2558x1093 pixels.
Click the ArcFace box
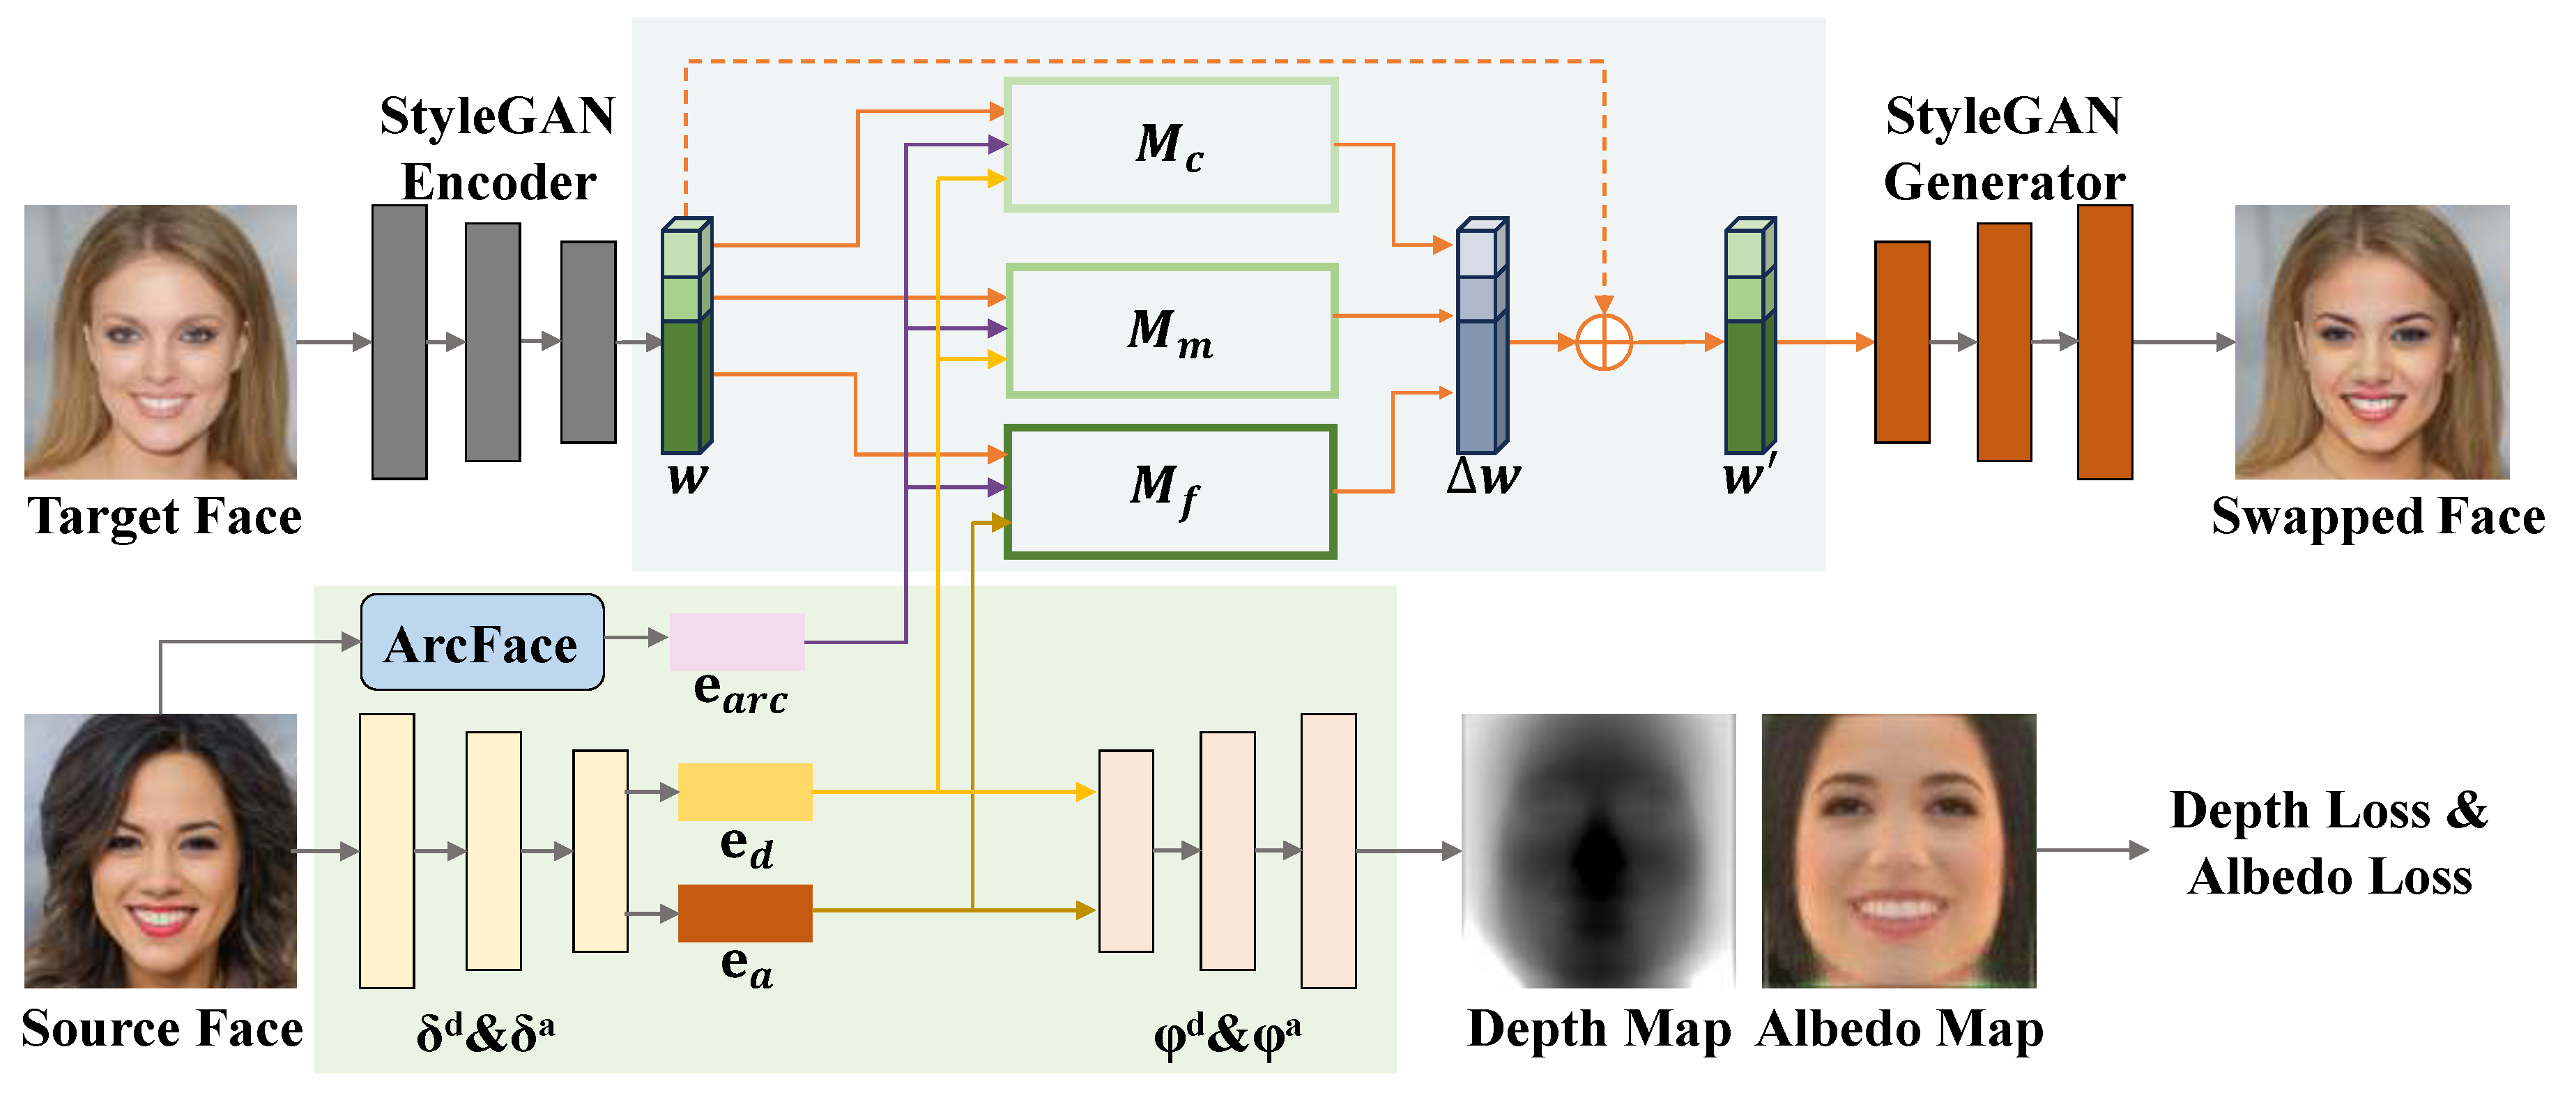click(482, 642)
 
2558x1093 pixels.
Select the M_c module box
click(1171, 145)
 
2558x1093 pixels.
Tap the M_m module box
click(1171, 330)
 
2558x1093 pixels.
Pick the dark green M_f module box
click(1171, 491)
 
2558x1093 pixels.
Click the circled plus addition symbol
click(1604, 342)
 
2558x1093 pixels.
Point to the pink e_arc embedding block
click(737, 641)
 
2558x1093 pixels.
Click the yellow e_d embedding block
click(745, 792)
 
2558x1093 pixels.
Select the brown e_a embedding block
click(745, 913)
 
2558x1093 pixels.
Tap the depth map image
click(1598, 851)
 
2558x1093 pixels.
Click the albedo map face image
click(1899, 851)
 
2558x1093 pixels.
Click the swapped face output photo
click(2371, 342)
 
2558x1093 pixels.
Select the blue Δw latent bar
click(1480, 337)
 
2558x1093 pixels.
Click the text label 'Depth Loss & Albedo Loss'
click(2329, 844)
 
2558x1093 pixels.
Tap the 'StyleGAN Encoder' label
click(498, 149)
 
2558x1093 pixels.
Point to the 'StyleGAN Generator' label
click(2004, 149)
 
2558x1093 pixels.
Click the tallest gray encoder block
click(399, 342)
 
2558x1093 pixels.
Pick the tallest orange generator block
click(2104, 342)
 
